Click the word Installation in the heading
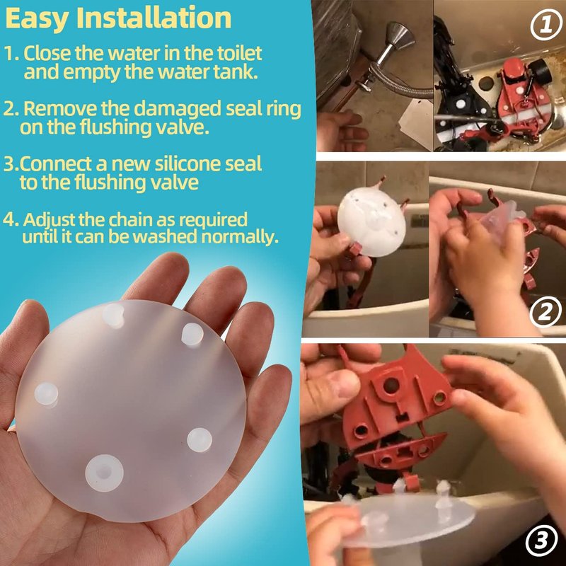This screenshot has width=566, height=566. click(x=154, y=18)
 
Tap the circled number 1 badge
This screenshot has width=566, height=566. click(x=545, y=25)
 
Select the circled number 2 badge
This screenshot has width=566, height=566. click(x=545, y=311)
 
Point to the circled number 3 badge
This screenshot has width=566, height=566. click(x=541, y=541)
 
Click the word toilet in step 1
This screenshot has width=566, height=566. click(x=239, y=53)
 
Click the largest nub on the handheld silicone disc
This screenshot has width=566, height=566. click(x=104, y=473)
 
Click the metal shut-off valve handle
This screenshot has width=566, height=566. click(x=399, y=36)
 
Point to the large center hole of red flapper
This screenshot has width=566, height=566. click(x=391, y=386)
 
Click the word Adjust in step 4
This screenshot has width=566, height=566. click(x=49, y=220)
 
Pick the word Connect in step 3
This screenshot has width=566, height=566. click(x=55, y=164)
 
